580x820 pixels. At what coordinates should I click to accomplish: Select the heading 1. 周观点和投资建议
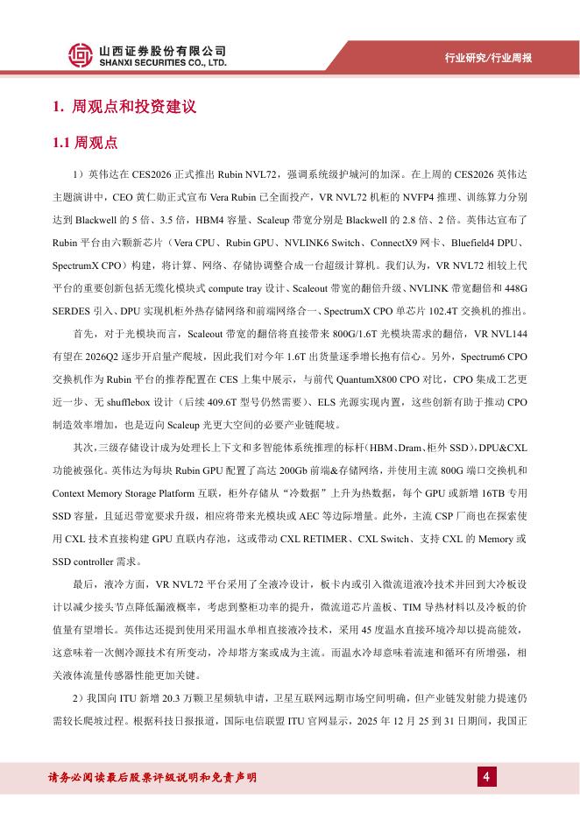(x=124, y=108)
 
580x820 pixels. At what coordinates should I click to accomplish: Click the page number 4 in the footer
(x=485, y=776)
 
